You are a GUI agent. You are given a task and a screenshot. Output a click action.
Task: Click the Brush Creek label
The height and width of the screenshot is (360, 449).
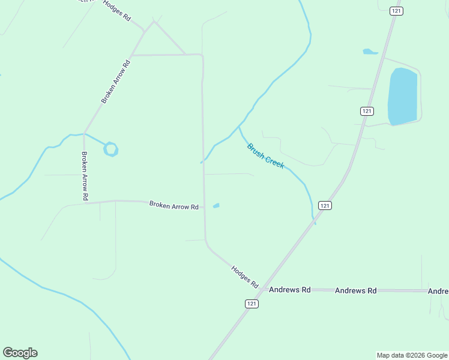click(x=265, y=156)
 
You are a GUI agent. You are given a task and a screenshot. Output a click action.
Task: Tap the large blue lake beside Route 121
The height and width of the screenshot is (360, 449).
click(x=402, y=96)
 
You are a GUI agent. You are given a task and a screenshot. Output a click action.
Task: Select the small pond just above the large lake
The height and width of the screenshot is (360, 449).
click(x=370, y=52)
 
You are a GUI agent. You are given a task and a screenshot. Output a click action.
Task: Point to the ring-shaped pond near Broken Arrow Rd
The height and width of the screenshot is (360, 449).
click(x=110, y=149)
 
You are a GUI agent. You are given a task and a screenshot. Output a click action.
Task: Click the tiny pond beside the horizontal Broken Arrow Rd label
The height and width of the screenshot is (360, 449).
click(x=216, y=206)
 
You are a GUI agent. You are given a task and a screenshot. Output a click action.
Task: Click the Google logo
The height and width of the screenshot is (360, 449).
click(x=20, y=353)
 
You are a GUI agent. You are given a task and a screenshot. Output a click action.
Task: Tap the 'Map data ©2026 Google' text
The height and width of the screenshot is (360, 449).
click(x=412, y=355)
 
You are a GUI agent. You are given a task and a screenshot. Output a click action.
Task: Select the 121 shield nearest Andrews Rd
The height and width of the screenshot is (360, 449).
click(x=252, y=304)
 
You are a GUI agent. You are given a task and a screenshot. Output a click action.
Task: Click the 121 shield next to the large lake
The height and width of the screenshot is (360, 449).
click(x=367, y=111)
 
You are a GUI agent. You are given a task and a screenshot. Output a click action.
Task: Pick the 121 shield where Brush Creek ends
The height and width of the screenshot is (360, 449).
click(x=324, y=205)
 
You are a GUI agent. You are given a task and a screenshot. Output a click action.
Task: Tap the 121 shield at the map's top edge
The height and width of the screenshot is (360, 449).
click(x=396, y=11)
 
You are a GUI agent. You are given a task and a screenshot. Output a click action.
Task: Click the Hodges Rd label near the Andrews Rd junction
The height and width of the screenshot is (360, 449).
click(x=244, y=276)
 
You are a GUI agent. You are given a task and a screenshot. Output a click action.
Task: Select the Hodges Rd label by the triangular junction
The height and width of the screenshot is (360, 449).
click(x=116, y=11)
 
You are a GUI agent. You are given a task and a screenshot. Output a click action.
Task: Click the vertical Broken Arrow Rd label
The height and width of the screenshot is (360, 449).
click(x=85, y=176)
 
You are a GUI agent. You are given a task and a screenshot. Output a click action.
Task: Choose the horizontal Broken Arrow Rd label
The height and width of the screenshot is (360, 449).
click(x=173, y=206)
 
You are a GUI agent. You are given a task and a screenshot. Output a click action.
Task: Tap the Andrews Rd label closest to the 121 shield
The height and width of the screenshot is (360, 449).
click(x=289, y=290)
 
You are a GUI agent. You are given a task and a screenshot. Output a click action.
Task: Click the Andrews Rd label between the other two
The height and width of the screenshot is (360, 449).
click(x=355, y=290)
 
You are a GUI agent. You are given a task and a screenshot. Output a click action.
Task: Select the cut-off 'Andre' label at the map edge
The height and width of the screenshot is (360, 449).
click(x=438, y=292)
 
